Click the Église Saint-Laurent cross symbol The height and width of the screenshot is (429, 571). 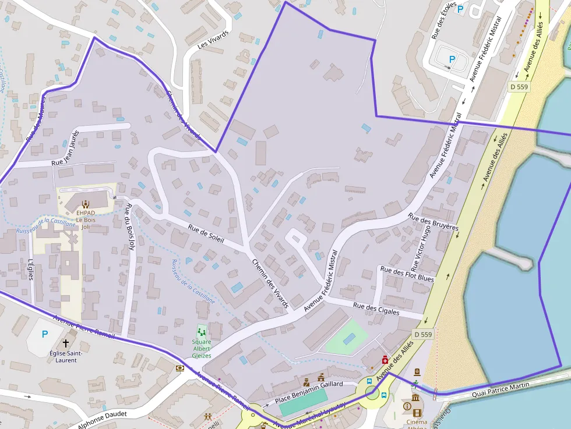tap(66, 343)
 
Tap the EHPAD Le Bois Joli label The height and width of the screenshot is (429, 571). tap(86, 219)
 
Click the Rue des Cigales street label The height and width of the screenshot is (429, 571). tap(376, 309)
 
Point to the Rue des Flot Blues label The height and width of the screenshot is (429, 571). tap(407, 274)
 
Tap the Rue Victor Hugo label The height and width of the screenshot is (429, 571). tap(421, 248)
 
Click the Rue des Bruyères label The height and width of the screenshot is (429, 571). tap(433, 222)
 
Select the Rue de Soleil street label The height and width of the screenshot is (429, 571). tap(206, 235)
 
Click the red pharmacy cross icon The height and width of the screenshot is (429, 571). tap(385, 361)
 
